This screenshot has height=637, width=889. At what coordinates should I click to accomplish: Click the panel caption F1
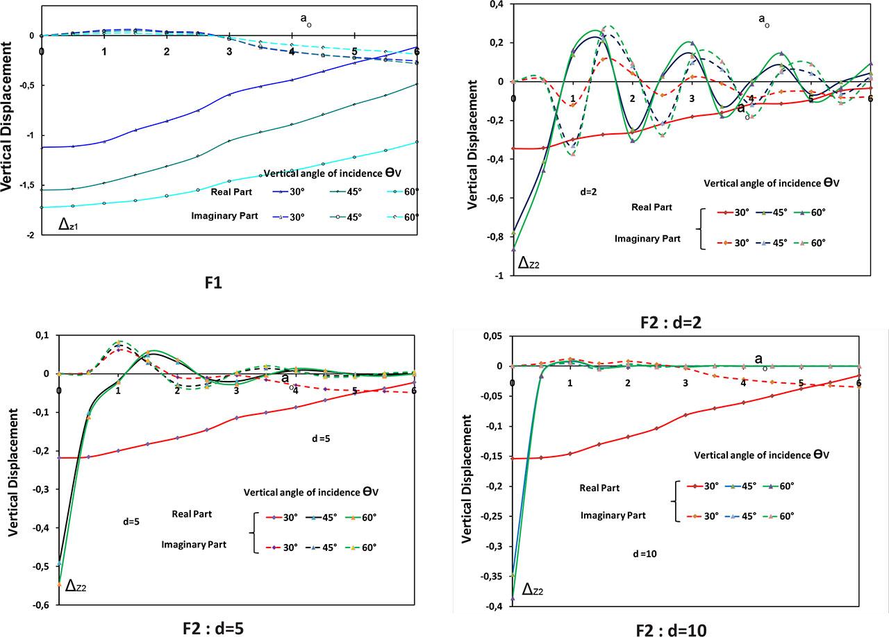(x=213, y=282)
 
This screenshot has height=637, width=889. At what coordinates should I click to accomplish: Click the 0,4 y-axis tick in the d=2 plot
(x=497, y=4)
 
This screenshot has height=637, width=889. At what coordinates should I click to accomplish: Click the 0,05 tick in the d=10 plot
(x=494, y=337)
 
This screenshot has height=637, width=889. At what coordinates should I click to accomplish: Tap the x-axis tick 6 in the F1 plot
(x=415, y=51)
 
